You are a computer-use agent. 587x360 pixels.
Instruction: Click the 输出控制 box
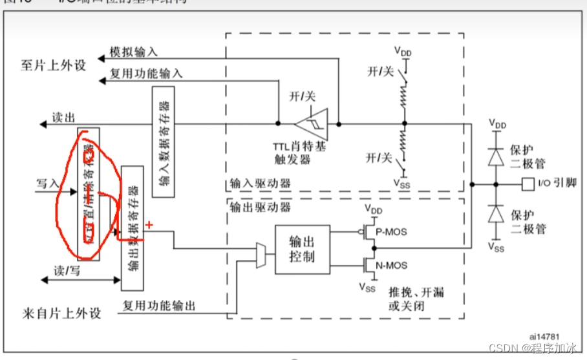point(302,249)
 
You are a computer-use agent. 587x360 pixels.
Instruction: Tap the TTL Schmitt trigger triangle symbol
point(312,122)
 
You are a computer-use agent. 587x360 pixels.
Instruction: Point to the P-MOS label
point(392,231)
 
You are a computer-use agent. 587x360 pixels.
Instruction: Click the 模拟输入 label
point(133,52)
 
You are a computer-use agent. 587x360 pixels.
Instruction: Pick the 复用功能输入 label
point(146,74)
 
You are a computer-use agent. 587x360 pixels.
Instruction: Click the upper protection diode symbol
point(496,156)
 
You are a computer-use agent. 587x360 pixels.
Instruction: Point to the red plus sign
point(149,225)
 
